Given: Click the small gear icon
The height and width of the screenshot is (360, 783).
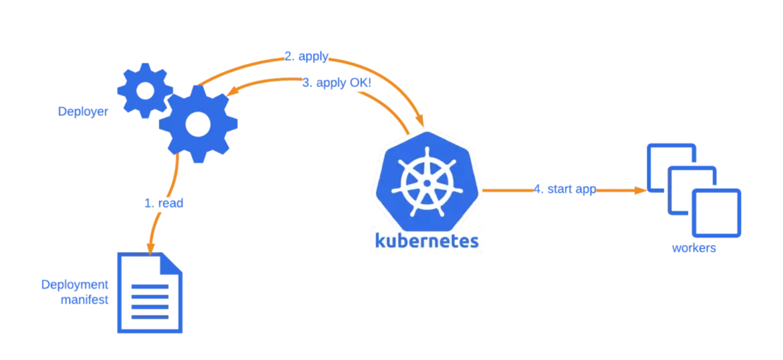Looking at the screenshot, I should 145,90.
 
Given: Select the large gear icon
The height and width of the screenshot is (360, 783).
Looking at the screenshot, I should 198,125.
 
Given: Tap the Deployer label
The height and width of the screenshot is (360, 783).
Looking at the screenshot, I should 83,112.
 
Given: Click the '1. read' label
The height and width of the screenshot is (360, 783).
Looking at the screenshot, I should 164,203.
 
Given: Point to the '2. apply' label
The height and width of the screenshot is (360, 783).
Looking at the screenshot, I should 306,57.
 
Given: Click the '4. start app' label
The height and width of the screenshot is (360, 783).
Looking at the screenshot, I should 564,189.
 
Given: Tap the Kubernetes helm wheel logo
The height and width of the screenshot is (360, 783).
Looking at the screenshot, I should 427,182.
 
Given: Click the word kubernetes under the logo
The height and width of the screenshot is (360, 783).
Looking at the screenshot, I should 427,241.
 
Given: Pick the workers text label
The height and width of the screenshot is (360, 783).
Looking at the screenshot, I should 694,248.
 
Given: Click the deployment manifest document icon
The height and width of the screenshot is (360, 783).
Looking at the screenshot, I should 150,293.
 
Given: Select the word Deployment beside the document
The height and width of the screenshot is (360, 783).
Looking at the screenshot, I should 74,285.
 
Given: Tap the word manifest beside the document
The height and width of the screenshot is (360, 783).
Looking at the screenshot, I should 84,300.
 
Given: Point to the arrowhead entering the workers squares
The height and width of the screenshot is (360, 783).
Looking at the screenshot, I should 640,190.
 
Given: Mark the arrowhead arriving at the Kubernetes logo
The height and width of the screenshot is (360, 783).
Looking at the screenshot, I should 419,121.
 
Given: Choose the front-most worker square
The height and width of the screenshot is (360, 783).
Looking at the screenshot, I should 716,213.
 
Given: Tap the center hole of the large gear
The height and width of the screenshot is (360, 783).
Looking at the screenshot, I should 198,125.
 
